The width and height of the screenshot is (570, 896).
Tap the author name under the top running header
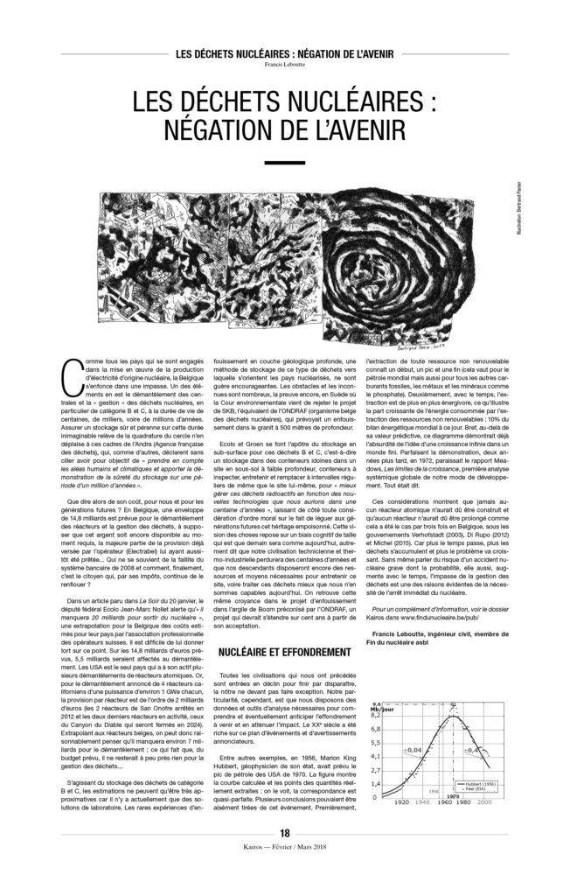pos(284,64)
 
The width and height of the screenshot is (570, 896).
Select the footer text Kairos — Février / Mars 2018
pos(284,876)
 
